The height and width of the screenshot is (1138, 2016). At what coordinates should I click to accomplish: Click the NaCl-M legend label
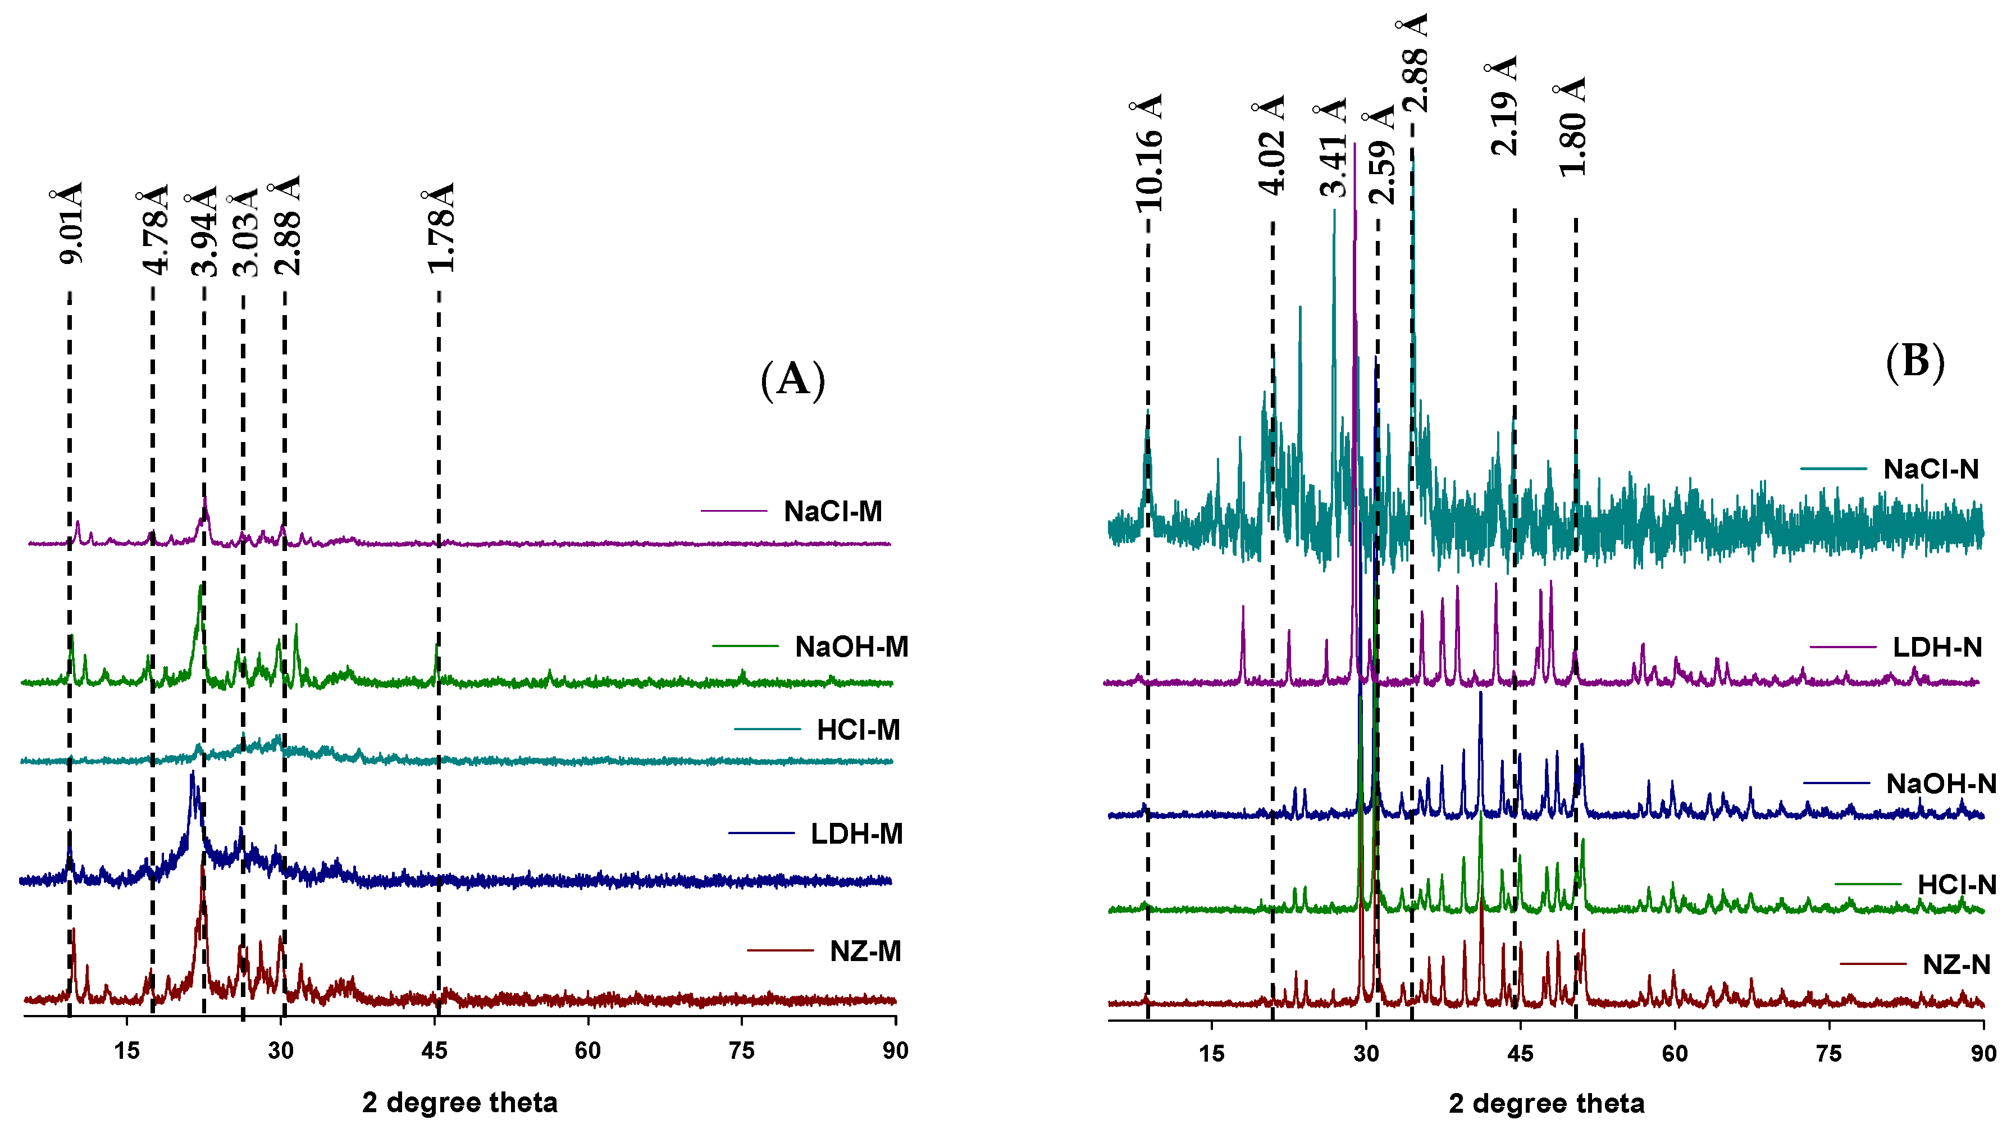click(833, 512)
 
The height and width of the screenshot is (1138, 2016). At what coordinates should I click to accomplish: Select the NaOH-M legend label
click(851, 647)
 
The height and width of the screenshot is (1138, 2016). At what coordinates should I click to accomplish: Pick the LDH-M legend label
click(856, 834)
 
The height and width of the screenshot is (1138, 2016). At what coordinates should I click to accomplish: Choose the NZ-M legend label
click(865, 952)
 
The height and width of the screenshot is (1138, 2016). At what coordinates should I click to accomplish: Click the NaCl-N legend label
click(1930, 470)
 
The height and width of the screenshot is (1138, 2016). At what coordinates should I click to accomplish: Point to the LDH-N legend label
click(1937, 648)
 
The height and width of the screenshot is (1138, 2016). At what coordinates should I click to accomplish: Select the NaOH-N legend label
click(1941, 784)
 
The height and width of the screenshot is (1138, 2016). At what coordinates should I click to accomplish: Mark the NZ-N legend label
click(1956, 965)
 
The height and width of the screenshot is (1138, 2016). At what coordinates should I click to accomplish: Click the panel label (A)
click(793, 380)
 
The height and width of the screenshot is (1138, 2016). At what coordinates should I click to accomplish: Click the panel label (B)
click(1914, 362)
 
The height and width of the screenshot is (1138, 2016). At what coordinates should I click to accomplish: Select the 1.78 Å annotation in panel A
click(440, 229)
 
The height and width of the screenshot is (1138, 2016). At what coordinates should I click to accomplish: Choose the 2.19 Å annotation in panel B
click(1503, 106)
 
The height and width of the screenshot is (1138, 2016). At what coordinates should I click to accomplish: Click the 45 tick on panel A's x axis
click(434, 1051)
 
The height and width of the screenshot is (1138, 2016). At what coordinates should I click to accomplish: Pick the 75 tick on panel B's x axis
click(1828, 1054)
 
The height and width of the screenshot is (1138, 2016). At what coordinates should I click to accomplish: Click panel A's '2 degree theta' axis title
click(459, 1103)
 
